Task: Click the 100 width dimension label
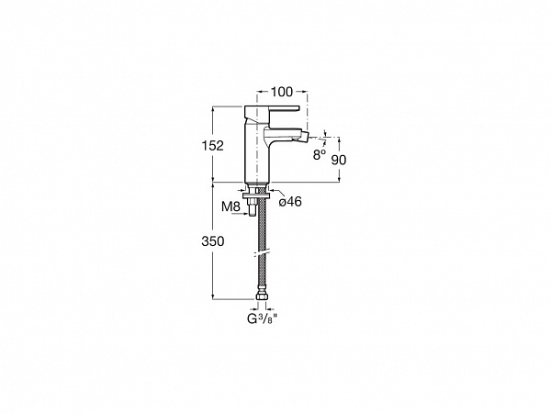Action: tap(282, 92)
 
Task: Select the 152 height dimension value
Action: tap(213, 145)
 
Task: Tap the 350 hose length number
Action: tap(213, 241)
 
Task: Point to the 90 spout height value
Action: tap(339, 160)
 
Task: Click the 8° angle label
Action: tap(320, 154)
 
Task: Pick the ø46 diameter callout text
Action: tap(290, 202)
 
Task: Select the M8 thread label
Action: tap(231, 206)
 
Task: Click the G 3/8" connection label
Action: tap(262, 318)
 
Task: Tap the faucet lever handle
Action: tap(271, 112)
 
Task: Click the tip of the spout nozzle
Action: tap(307, 134)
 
